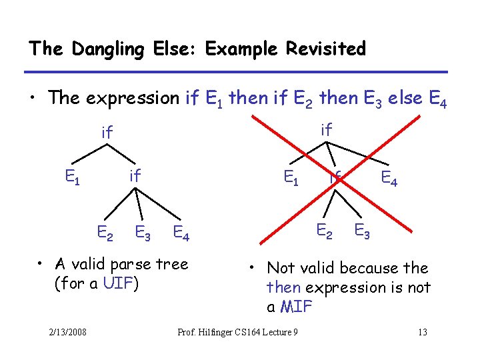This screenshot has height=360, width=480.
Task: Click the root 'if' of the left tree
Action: point(107,133)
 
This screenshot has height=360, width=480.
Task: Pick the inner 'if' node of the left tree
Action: point(135,176)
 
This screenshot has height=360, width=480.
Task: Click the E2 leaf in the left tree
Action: point(105,233)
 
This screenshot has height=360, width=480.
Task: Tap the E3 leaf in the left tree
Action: point(143,233)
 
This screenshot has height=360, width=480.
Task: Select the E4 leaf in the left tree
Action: point(181,233)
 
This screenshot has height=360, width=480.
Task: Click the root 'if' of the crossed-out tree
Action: point(326,130)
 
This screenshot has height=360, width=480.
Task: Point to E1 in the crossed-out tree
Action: point(292,177)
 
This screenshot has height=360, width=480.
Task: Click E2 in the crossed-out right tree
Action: point(325,231)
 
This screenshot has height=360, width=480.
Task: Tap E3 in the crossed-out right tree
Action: point(363,231)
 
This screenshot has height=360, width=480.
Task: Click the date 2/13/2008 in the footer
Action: point(67,333)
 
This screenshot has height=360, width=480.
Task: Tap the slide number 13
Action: point(421,333)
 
